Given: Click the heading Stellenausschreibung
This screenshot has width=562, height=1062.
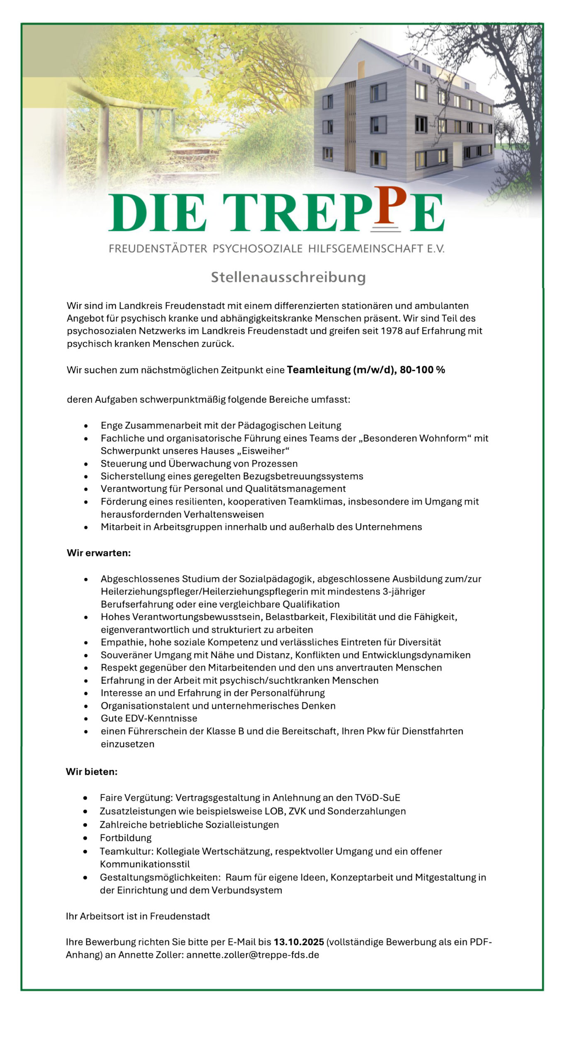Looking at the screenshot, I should pyautogui.click(x=288, y=277).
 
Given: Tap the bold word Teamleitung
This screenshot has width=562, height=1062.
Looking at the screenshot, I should pyautogui.click(x=318, y=370).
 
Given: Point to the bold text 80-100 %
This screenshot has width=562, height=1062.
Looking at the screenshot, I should pyautogui.click(x=422, y=370).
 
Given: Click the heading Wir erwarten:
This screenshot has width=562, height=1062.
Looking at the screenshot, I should pyautogui.click(x=99, y=553).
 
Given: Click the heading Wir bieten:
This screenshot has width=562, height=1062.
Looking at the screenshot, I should pyautogui.click(x=92, y=772).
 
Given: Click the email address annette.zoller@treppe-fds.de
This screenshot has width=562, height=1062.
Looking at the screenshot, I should pyautogui.click(x=253, y=955).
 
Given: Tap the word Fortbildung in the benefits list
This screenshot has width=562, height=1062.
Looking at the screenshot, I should pyautogui.click(x=126, y=838).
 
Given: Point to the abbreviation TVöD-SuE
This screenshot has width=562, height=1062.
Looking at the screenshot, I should pyautogui.click(x=377, y=798).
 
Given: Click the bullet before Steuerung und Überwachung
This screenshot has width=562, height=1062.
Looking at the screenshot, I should pyautogui.click(x=86, y=464).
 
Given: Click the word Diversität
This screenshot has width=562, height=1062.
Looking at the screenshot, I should pyautogui.click(x=419, y=642).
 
